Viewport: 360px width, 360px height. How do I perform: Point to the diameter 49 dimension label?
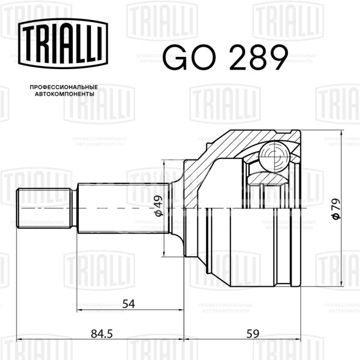[158, 206]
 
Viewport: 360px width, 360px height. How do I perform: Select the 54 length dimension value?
[129, 303]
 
